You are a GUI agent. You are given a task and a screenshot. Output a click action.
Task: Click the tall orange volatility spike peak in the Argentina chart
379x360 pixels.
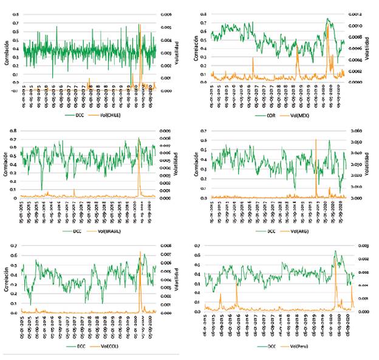(x=315, y=140)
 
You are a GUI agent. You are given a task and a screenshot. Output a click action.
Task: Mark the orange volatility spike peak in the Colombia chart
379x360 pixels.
(x=140, y=252)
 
